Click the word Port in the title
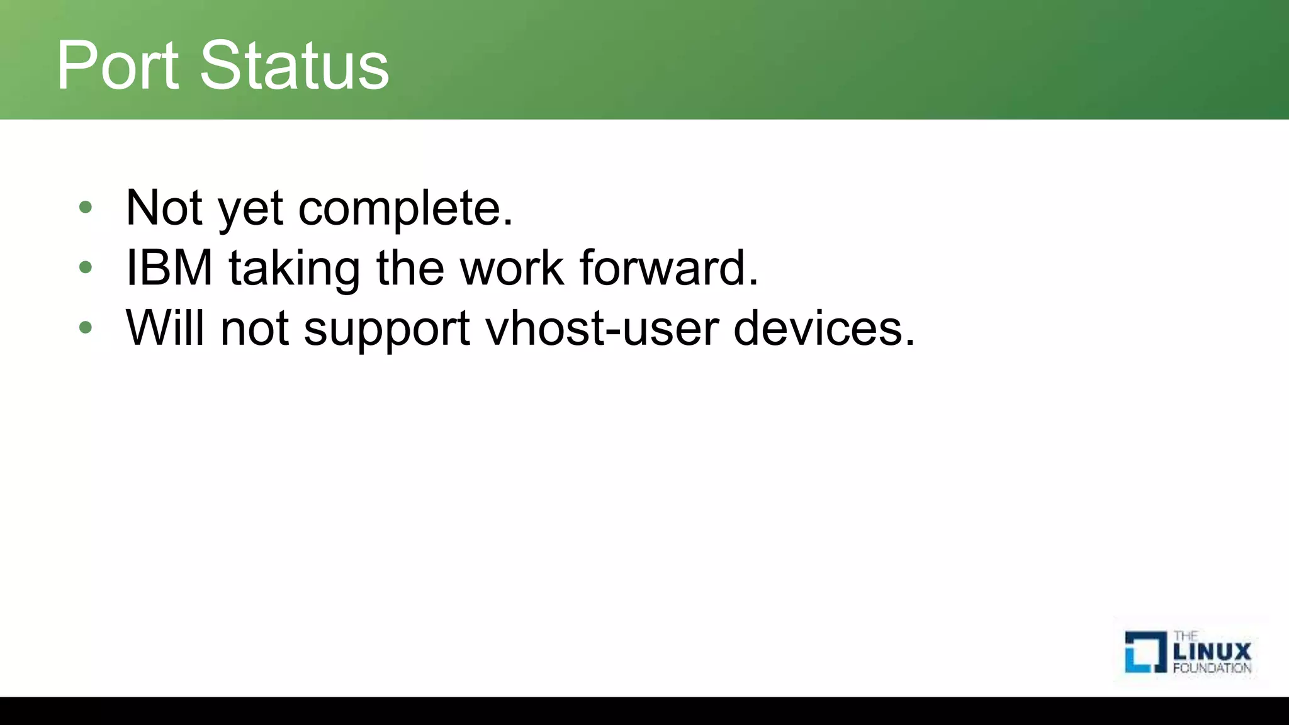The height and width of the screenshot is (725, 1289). click(x=117, y=65)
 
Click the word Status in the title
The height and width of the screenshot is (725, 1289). click(x=295, y=65)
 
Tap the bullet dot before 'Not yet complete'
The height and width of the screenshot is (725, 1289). click(x=86, y=207)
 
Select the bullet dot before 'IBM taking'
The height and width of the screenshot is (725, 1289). click(x=86, y=267)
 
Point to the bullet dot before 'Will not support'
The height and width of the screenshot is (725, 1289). click(x=86, y=327)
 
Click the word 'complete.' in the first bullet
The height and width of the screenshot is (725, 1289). click(x=405, y=209)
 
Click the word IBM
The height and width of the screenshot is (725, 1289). click(x=169, y=267)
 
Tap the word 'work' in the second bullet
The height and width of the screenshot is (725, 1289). click(x=512, y=267)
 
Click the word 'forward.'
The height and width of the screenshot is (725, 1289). click(x=669, y=267)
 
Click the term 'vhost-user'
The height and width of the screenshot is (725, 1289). click(x=602, y=328)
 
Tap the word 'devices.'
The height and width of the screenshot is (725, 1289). click(x=824, y=328)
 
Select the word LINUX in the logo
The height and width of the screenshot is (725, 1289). click(x=1212, y=651)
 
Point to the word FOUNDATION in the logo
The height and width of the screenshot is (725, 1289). click(x=1212, y=668)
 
